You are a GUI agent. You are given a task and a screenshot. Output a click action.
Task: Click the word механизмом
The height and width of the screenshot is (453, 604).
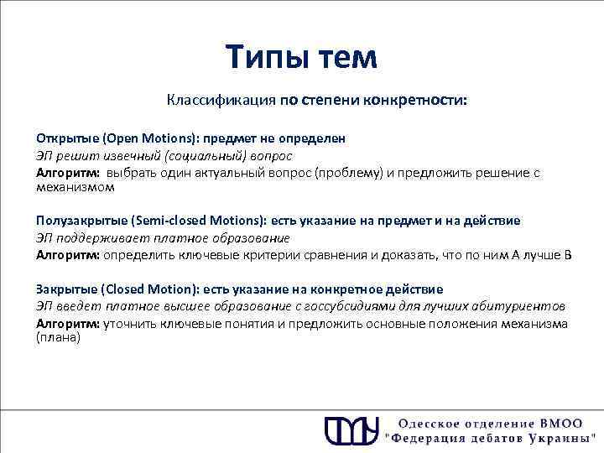click(75, 187)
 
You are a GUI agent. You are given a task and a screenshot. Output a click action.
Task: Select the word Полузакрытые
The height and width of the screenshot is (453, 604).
click(81, 221)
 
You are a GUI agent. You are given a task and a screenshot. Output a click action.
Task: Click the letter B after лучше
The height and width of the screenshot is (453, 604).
click(567, 254)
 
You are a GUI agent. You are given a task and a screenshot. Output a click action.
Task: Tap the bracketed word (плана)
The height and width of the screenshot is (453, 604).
click(58, 337)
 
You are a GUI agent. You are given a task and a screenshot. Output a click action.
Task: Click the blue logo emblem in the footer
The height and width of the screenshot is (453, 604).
click(350, 430)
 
